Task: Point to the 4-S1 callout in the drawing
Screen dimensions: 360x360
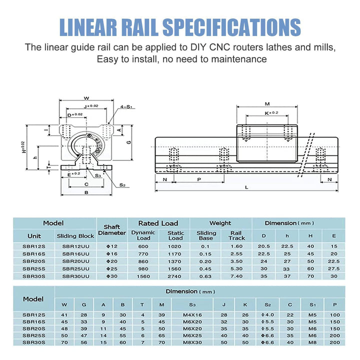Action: [126, 106]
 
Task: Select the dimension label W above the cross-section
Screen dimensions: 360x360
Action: [86, 98]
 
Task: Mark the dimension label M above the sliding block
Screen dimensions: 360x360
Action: [267, 104]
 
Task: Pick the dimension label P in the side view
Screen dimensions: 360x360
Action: [198, 179]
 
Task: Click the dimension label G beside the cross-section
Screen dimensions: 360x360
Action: [129, 142]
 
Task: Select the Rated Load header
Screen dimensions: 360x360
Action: [158, 223]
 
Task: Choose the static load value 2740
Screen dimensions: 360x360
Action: [175, 275]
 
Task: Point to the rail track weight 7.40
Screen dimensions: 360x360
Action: [236, 275]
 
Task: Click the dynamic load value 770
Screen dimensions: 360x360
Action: [143, 253]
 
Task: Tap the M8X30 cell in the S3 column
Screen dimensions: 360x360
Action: [192, 342]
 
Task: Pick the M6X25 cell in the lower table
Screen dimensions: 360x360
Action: [192, 335]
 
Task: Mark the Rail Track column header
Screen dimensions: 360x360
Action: [236, 235]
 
